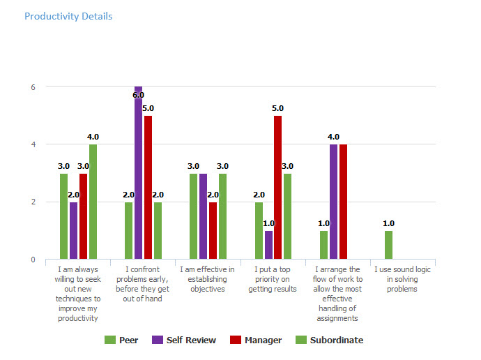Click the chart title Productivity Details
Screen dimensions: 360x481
pos(68,16)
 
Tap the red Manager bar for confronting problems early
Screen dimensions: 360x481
pos(148,188)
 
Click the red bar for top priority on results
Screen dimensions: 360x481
pos(277,188)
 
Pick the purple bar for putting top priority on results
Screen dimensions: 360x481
pos(268,245)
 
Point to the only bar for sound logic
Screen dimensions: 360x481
pos(388,245)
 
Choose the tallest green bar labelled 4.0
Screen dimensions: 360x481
pos(93,202)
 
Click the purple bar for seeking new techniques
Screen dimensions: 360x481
pos(73,230)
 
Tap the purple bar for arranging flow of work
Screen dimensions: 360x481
pos(333,202)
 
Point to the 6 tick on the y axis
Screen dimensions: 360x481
pos(32,87)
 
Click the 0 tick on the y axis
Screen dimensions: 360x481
pos(32,260)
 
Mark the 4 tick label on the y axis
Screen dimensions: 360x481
pos(32,144)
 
